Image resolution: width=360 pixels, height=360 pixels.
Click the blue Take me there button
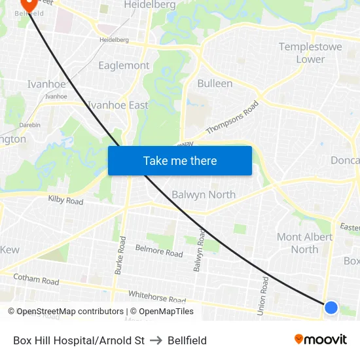point(179,160)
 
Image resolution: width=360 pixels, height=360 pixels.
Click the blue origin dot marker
point(331,307)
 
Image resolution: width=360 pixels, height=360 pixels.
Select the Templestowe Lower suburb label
point(301,53)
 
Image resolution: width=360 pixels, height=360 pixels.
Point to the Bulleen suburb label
point(215,83)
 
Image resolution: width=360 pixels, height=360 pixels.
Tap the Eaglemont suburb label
point(124,65)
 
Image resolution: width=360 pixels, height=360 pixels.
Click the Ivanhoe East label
point(118,105)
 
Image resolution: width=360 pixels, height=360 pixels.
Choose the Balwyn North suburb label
point(203,194)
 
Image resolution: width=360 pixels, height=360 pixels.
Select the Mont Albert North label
point(298,243)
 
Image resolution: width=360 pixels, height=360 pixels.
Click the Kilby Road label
point(65,200)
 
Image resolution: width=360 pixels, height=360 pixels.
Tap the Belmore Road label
point(158,250)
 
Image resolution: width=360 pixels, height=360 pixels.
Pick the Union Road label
point(264,296)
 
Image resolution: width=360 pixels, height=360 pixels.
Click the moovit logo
point(320,340)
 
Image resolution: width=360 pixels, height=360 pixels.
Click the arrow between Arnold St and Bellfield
point(156,340)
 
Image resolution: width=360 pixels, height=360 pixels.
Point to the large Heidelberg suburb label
point(149,5)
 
